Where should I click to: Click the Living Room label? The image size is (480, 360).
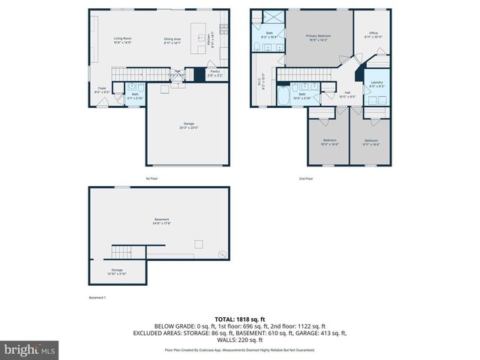(123, 40)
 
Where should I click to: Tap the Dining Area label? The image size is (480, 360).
(174, 40)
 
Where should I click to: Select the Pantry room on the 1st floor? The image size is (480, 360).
(214, 73)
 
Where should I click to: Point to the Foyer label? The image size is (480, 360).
(102, 90)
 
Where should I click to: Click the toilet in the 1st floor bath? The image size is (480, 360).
(117, 94)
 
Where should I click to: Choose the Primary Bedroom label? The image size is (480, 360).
(319, 37)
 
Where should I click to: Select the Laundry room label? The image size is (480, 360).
(376, 84)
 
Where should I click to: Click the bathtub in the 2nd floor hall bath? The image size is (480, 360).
(285, 95)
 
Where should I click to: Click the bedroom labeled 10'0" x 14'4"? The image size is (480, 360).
(330, 142)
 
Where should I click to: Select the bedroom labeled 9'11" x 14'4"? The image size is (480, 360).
(371, 142)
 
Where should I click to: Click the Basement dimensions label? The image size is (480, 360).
(161, 222)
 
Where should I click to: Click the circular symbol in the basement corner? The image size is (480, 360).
(221, 256)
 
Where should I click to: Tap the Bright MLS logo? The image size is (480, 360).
(30, 349)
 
